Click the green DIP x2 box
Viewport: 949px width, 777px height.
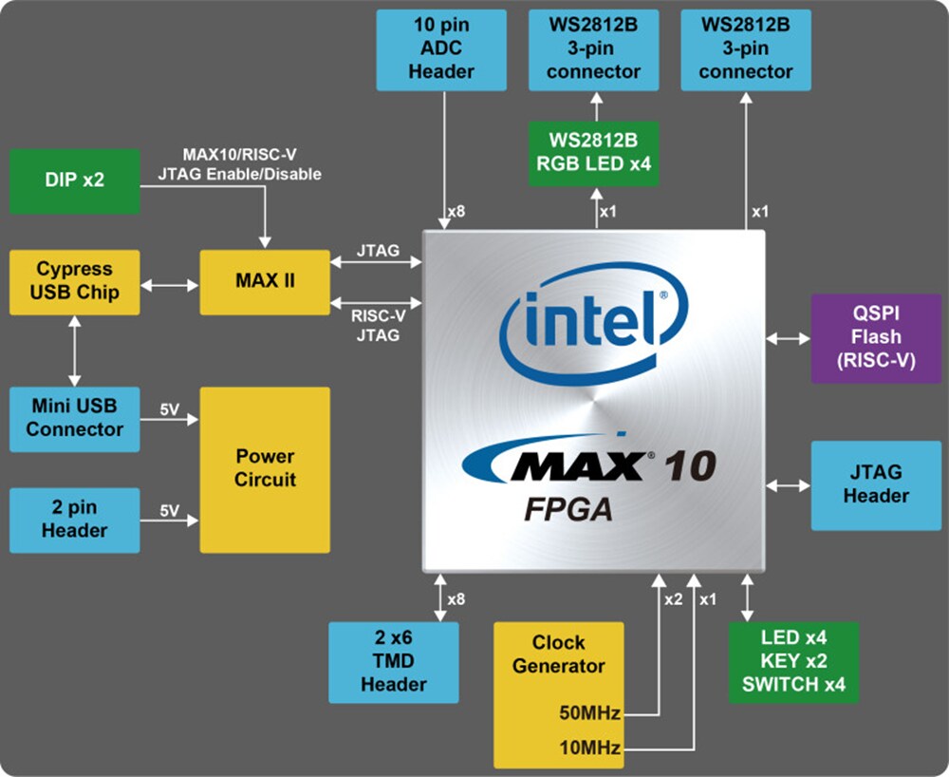[x=74, y=180]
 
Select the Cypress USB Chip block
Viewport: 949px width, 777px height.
[x=74, y=282]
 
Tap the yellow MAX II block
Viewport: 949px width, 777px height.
[x=265, y=282]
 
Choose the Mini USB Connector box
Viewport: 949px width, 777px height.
[x=74, y=419]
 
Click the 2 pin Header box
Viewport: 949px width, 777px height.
[x=74, y=520]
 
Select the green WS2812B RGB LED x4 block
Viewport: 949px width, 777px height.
[x=594, y=153]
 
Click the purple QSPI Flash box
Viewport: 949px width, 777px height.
[x=875, y=338]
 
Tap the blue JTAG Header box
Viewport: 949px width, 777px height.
[x=875, y=484]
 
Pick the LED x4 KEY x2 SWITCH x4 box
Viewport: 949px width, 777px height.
[x=793, y=662]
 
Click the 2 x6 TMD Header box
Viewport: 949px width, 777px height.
[x=393, y=662]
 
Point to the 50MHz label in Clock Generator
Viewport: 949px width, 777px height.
[x=588, y=713]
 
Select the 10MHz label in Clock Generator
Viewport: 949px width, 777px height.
[x=588, y=749]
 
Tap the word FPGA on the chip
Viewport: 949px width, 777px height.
[x=568, y=509]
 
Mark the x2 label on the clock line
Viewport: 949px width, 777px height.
[x=673, y=599]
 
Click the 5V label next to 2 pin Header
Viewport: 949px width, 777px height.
[x=169, y=510]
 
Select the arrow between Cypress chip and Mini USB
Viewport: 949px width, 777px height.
[x=74, y=351]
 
